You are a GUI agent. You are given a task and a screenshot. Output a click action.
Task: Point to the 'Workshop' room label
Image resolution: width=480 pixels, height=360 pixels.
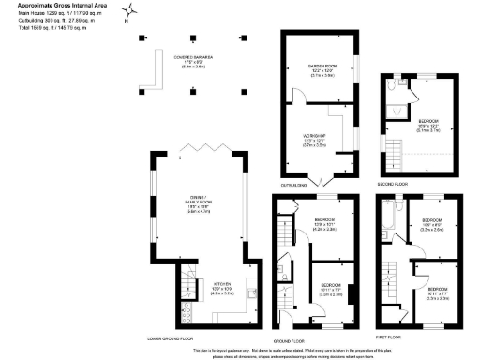(313, 142)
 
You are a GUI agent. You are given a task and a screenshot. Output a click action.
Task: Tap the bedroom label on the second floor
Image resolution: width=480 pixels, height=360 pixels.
(427, 123)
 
